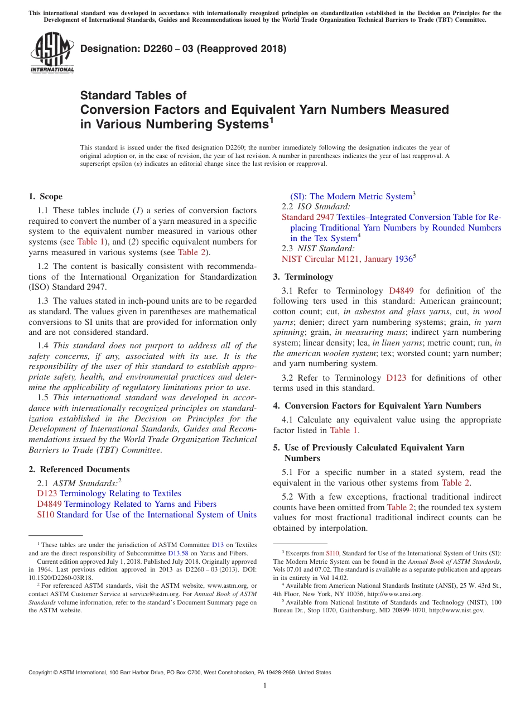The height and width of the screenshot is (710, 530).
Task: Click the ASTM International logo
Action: [52, 52]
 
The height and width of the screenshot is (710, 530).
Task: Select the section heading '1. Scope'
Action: [45, 196]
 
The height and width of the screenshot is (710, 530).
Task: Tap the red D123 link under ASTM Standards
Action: [47, 493]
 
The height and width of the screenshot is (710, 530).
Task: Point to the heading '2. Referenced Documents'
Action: [79, 469]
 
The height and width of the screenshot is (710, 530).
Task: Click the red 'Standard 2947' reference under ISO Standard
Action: [307, 217]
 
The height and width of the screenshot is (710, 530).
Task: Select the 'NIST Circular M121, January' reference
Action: [336, 259]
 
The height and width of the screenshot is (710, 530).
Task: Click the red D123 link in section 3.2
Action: [396, 378]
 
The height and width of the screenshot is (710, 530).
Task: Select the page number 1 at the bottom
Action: [265, 685]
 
